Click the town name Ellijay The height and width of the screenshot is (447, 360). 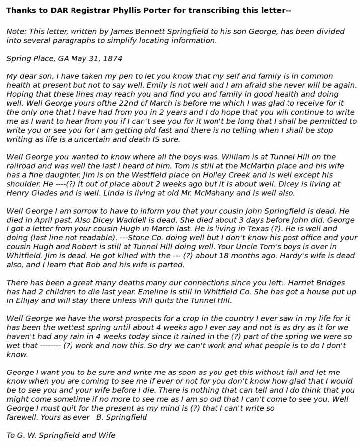(29, 300)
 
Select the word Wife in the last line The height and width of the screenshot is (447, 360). (106, 435)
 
